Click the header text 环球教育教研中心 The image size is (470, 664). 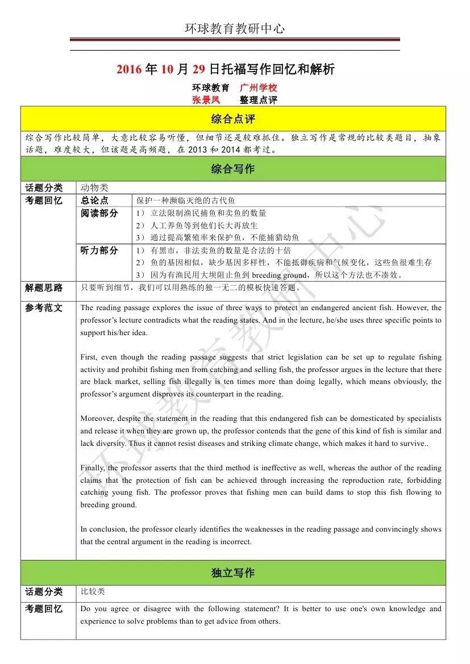235,28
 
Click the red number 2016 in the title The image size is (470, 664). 130,70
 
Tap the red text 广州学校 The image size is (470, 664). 258,88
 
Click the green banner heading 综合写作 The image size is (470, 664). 233,169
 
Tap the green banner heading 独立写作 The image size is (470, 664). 233,573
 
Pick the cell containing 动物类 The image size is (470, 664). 94,187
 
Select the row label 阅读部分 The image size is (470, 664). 99,214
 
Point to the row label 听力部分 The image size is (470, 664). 99,250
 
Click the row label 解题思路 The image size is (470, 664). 44,288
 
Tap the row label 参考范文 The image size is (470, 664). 44,308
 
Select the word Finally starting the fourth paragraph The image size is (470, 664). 93,468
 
